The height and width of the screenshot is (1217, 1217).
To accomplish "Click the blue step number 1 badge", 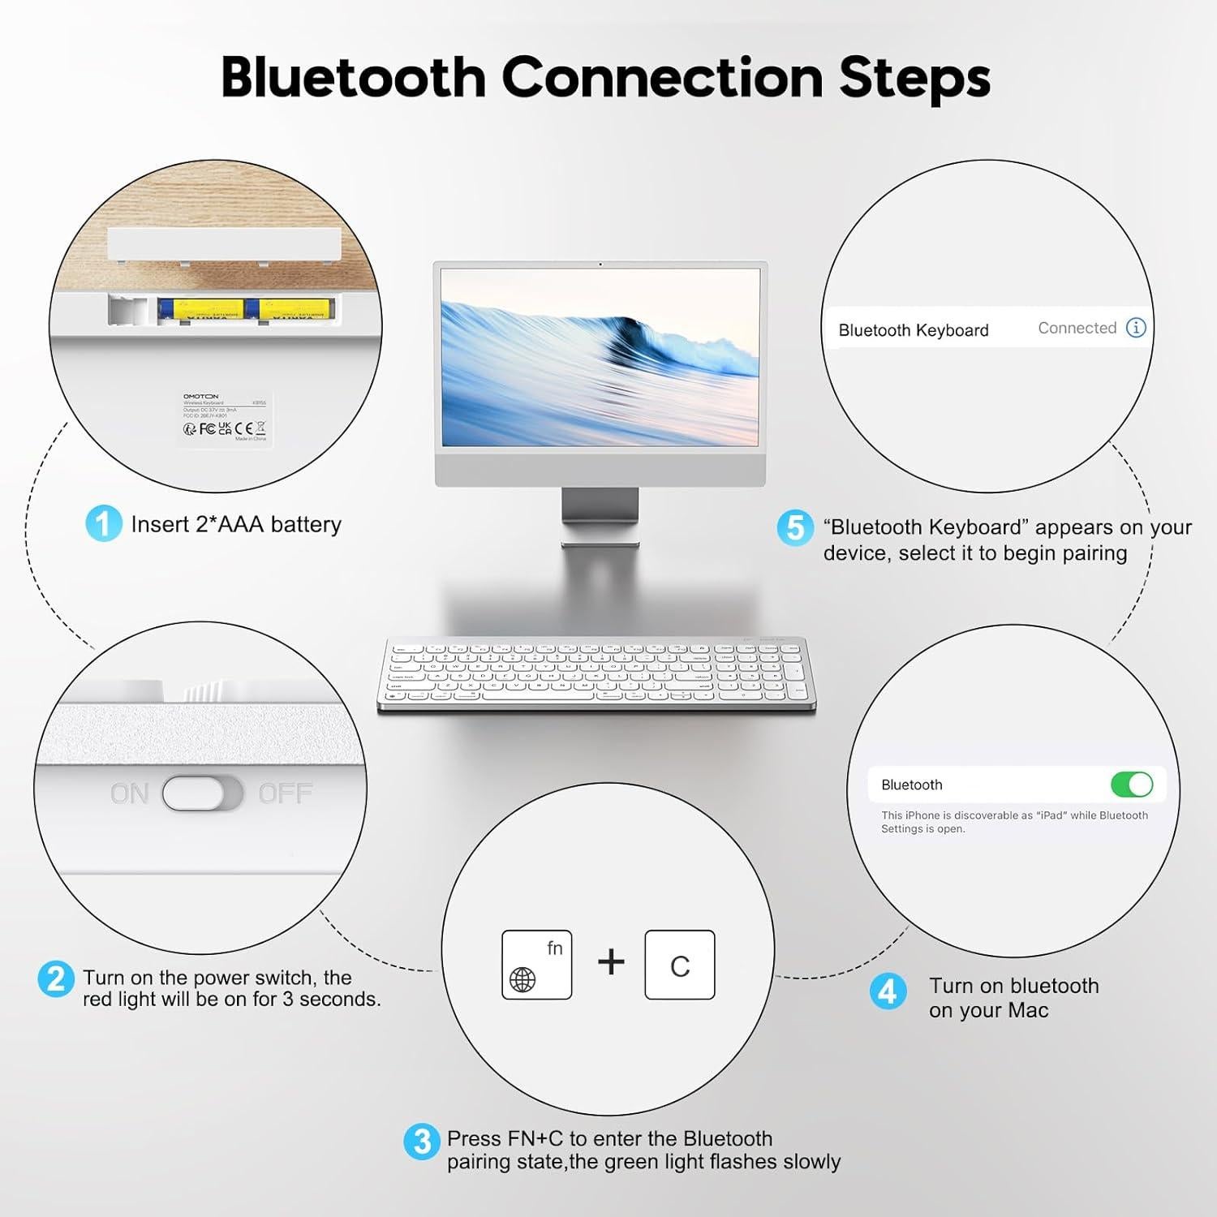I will point(103,523).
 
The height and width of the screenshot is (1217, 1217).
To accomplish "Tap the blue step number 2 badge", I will point(55,978).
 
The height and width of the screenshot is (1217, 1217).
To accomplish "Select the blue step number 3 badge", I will point(421,1141).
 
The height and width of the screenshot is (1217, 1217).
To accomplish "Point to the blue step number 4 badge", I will point(888,991).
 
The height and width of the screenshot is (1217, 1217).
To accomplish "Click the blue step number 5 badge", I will point(794,527).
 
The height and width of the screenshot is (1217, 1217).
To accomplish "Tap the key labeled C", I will point(680,965).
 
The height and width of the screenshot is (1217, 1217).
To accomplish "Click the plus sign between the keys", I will point(611,962).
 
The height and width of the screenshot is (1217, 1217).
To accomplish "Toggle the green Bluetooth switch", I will point(1131,785).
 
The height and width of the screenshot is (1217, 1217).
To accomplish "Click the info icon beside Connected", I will point(1136,328).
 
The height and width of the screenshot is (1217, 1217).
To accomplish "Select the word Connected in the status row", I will point(1077,328).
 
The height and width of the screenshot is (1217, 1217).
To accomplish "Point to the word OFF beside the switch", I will point(285,793).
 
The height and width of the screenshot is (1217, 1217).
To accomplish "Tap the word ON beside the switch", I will point(130,793).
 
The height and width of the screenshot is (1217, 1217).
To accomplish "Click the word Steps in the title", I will point(914,78).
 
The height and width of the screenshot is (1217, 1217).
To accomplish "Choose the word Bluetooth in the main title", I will point(353,78).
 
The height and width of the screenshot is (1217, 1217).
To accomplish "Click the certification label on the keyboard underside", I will point(225,418).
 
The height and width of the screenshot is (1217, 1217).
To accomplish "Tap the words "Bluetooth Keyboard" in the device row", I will point(914,330).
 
